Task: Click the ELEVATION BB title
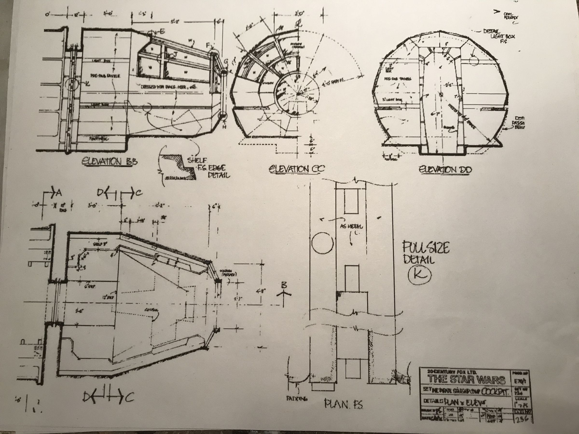tap(110, 161)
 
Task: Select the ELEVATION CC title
tap(296, 169)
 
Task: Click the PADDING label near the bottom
tap(296, 399)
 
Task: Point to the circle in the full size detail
tap(322, 243)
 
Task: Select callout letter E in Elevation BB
tap(162, 32)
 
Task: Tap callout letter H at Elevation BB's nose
tap(224, 127)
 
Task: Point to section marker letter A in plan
tap(59, 193)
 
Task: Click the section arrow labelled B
tap(284, 286)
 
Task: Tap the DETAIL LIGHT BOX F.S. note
tap(499, 36)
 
